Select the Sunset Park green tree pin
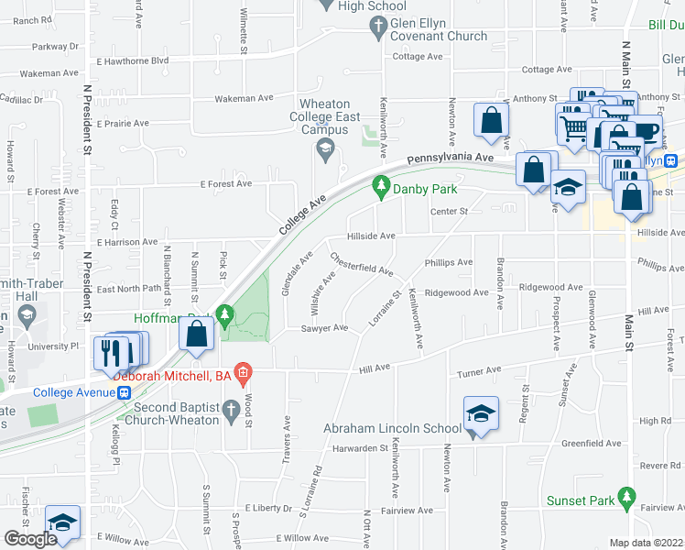click(x=627, y=500)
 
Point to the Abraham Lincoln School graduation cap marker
click(x=481, y=415)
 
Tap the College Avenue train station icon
click(x=123, y=392)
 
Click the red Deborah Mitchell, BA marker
click(x=243, y=373)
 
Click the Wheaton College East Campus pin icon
click(x=323, y=148)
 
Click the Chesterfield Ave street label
click(x=362, y=265)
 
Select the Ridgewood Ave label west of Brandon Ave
click(x=457, y=292)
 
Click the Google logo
click(x=31, y=538)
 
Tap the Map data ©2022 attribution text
click(x=646, y=543)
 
